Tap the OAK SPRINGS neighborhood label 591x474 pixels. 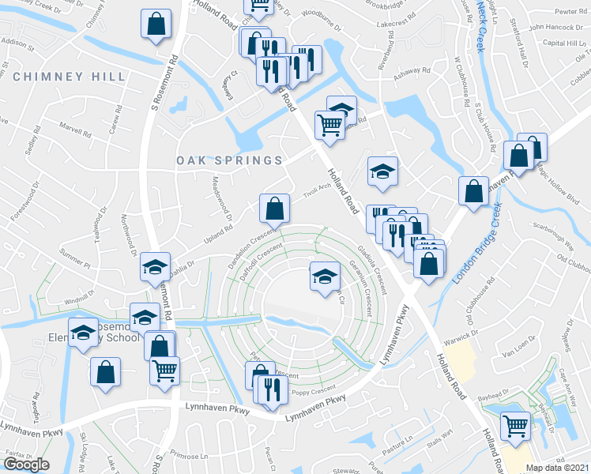(229, 160)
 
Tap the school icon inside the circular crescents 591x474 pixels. (324, 276)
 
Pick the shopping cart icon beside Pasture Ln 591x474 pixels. (516, 425)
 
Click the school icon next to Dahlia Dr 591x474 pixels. (156, 268)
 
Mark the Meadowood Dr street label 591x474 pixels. (219, 198)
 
